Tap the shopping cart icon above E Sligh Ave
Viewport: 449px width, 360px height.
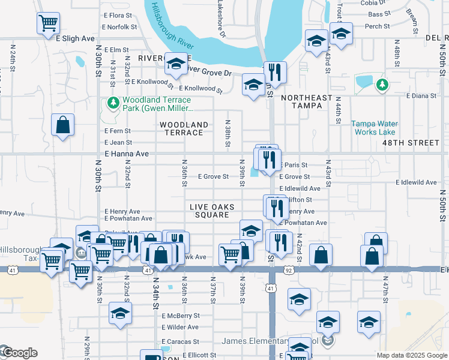click(x=48, y=23)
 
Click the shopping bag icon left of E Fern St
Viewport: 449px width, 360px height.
click(x=63, y=125)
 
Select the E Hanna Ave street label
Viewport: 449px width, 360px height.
click(x=126, y=154)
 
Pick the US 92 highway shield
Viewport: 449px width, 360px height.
click(x=289, y=271)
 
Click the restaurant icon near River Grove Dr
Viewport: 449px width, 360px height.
click(x=275, y=73)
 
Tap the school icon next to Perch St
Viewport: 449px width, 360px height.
click(x=341, y=34)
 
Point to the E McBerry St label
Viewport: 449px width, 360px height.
click(x=180, y=316)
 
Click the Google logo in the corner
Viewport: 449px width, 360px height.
click(x=18, y=353)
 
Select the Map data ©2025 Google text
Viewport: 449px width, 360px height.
click(x=412, y=355)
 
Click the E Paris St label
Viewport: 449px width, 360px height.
click(x=294, y=165)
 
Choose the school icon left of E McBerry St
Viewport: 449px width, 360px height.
click(x=120, y=313)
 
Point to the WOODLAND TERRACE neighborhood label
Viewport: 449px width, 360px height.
click(x=184, y=129)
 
